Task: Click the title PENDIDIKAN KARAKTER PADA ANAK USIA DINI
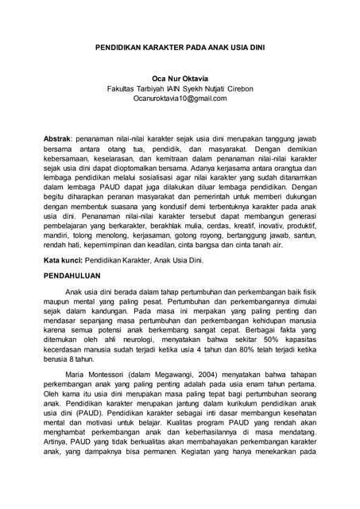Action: [x=180, y=48]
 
